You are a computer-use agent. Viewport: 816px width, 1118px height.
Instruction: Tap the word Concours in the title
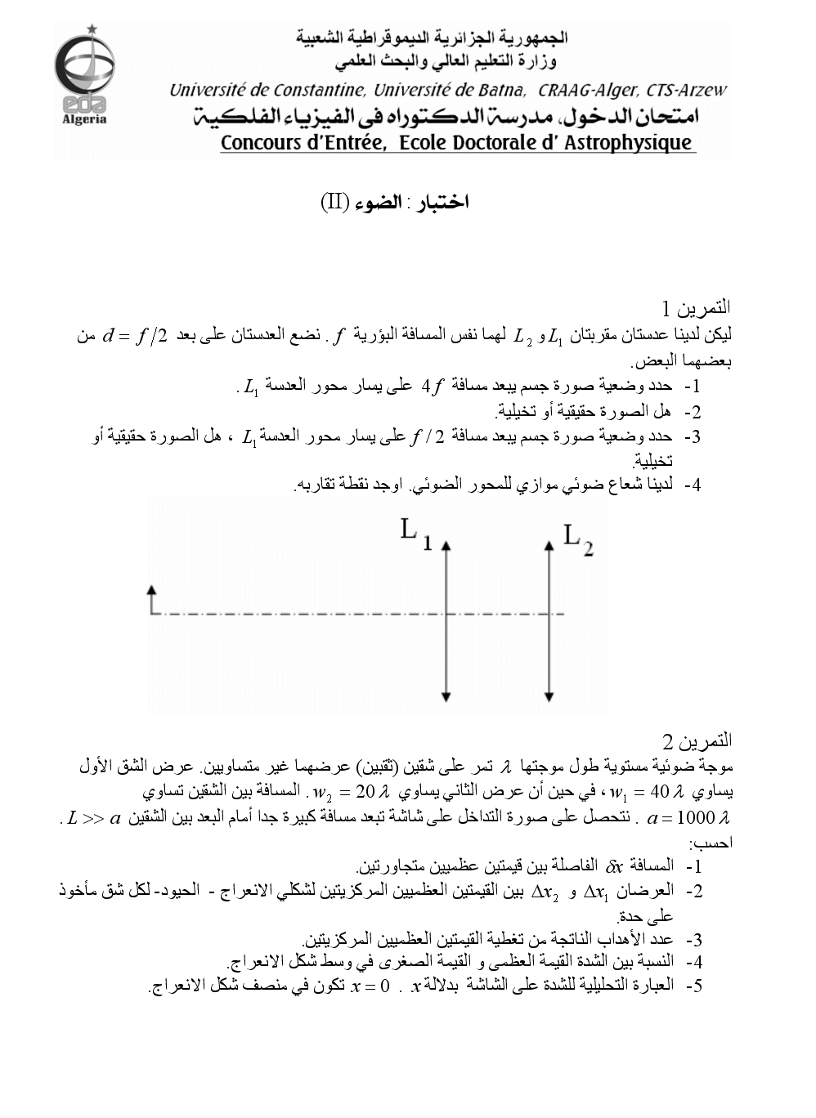click(x=261, y=143)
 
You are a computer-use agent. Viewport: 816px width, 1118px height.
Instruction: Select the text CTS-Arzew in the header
click(x=686, y=90)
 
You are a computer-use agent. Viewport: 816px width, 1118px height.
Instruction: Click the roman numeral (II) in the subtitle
click(x=335, y=203)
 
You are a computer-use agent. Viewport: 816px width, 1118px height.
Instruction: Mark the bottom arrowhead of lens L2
click(x=549, y=696)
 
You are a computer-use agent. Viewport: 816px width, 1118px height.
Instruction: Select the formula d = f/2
click(x=135, y=336)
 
